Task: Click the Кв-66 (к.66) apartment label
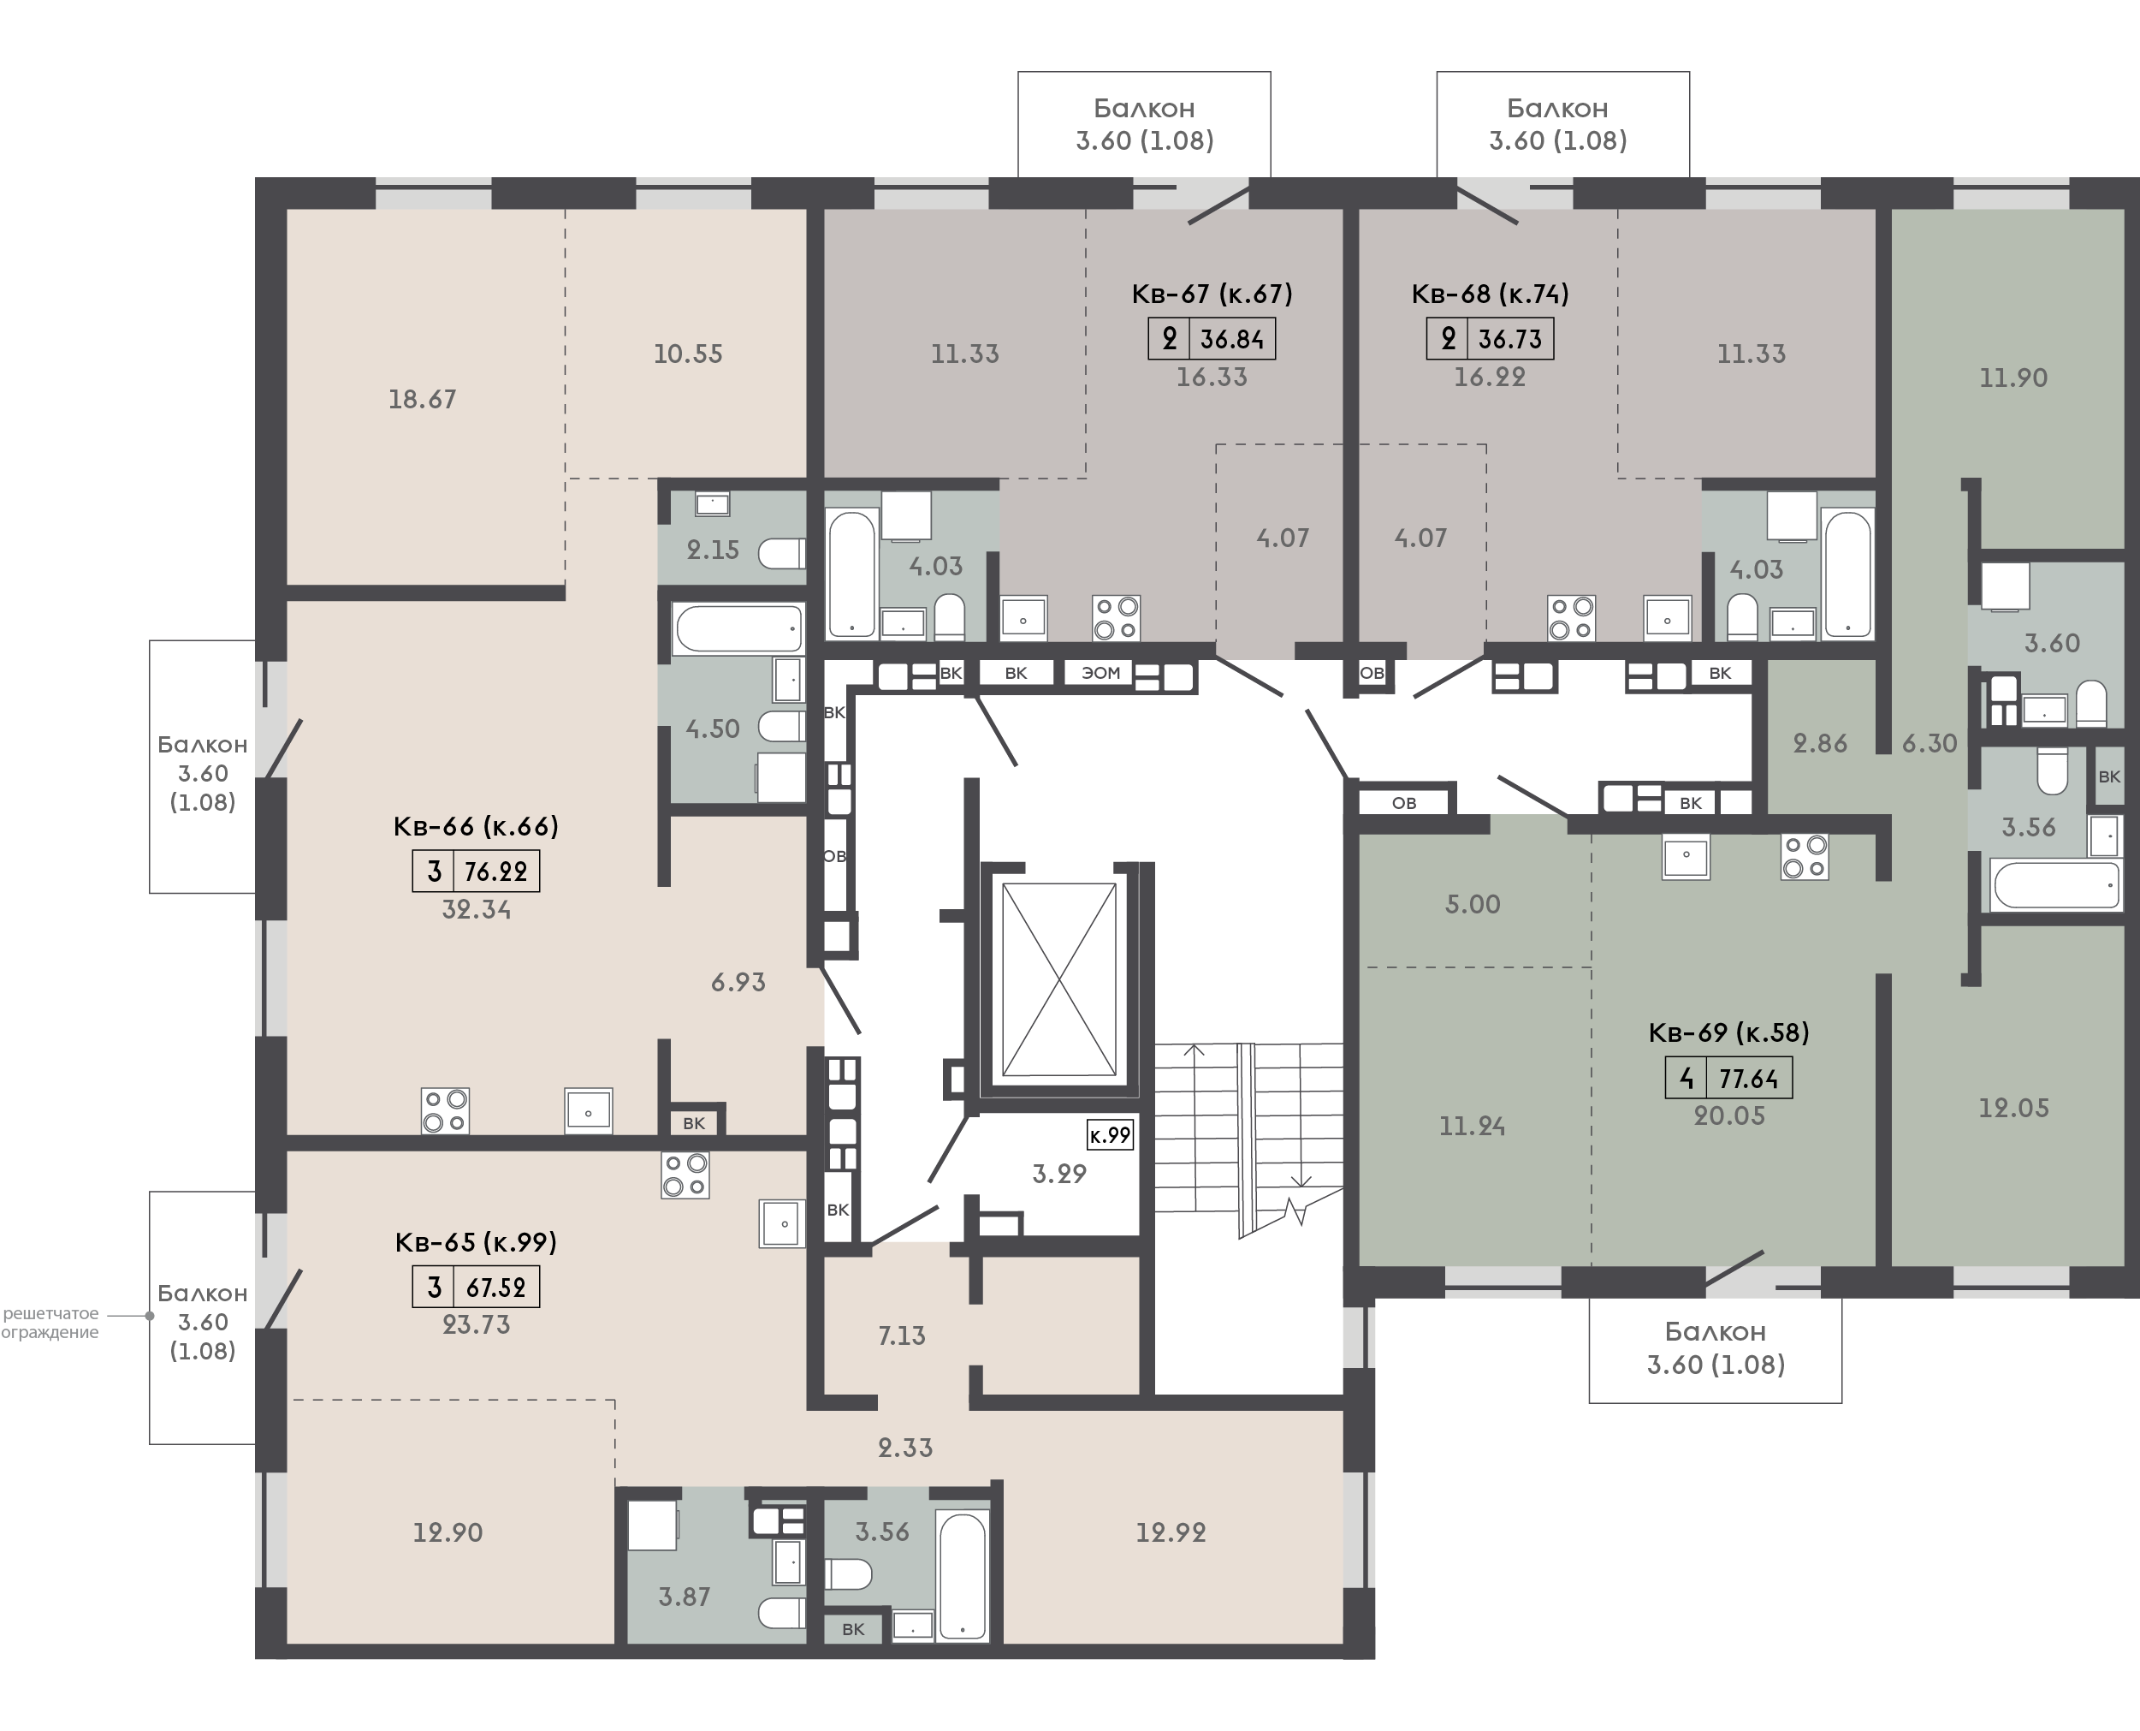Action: pos(477,827)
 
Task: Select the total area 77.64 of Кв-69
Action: pos(1748,1079)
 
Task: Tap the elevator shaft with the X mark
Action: pos(1058,979)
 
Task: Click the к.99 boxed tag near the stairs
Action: pos(1110,1134)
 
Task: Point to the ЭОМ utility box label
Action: pos(1101,673)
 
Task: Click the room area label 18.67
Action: pos(423,400)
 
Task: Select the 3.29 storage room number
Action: pos(1058,1174)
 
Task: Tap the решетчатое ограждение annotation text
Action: pos(50,1324)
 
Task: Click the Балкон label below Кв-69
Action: pos(1716,1331)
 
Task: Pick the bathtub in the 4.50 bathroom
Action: pos(738,629)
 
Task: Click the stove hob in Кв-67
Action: pos(1117,617)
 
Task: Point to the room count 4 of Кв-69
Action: pos(1687,1079)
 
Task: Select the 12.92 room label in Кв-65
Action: pos(1171,1532)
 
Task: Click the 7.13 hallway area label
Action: pos(902,1336)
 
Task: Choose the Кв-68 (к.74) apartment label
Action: pos(1490,294)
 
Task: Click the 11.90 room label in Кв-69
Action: pos(2013,378)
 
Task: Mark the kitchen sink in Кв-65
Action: pos(784,1223)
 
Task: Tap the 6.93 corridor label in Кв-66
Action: pos(738,982)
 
